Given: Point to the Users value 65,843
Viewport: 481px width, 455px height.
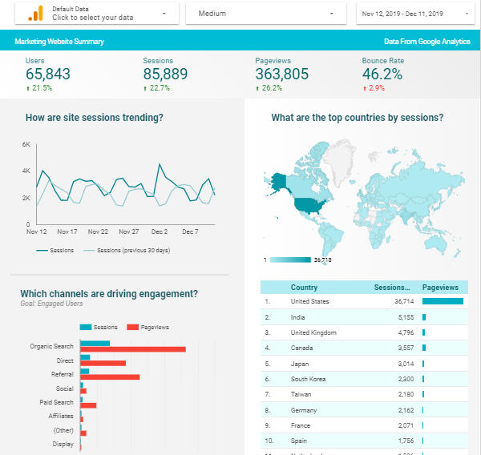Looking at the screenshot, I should coord(48,74).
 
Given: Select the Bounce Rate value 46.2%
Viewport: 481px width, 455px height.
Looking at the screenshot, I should coord(382,74).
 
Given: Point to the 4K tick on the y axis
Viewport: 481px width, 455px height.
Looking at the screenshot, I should coord(26,171).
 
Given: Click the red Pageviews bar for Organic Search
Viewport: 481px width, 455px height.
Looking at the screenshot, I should coord(133,349).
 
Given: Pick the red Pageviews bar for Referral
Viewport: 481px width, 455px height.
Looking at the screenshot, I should coord(111,376).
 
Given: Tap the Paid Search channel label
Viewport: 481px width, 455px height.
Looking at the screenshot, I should coord(56,402).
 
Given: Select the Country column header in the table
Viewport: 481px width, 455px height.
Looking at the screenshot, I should coord(304,288).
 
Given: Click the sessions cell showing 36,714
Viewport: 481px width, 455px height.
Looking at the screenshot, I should coord(398,302).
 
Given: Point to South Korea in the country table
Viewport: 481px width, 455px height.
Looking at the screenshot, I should coord(307,378).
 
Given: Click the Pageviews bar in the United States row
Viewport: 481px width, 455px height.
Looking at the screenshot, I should coord(443,302).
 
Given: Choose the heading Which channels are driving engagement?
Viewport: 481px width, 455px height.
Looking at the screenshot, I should coord(109,294).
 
